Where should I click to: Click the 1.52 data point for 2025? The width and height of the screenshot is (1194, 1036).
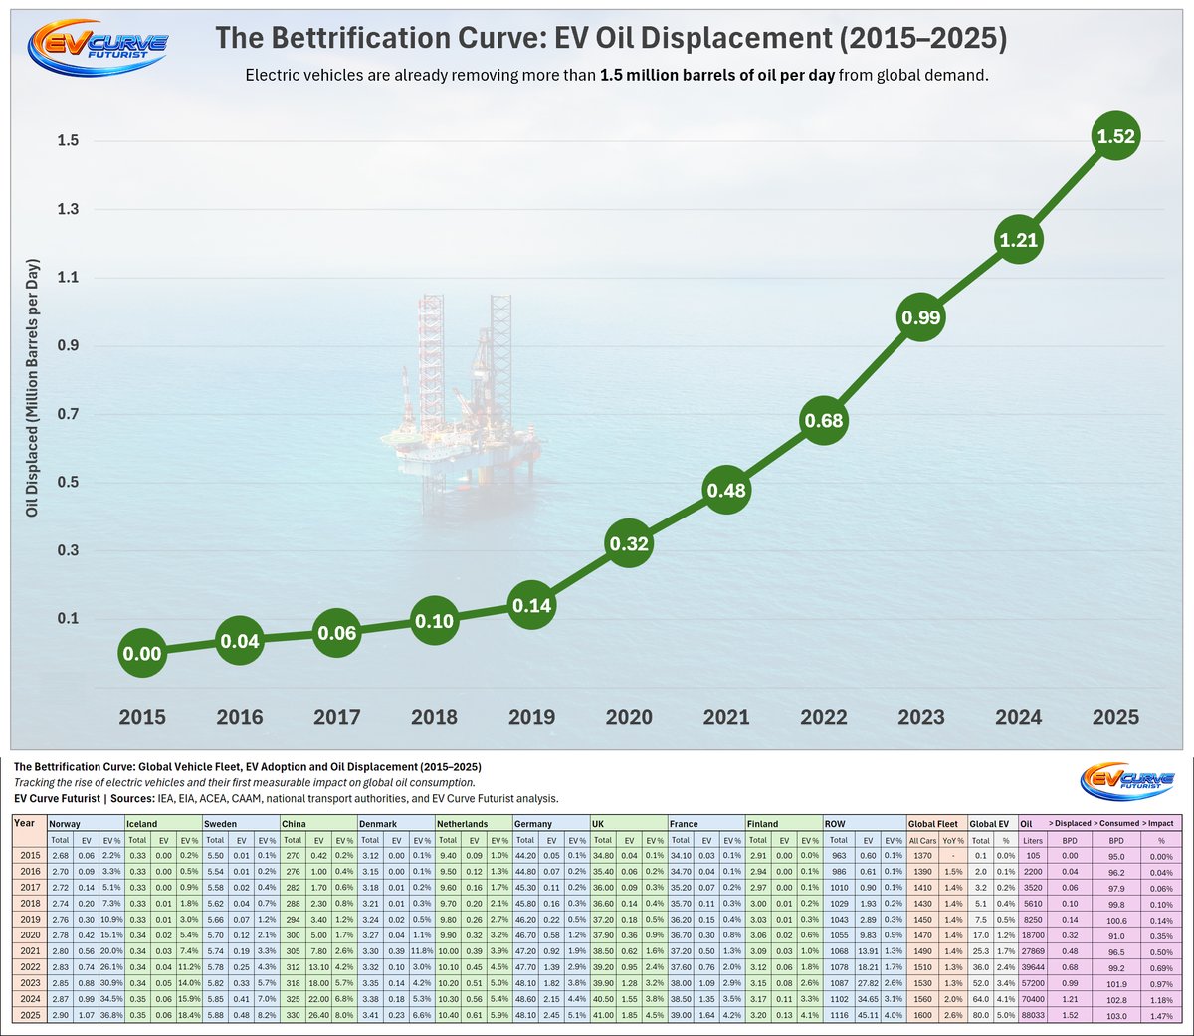1115,137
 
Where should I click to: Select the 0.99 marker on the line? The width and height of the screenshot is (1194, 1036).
920,318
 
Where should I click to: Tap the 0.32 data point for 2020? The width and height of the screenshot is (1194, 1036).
628,544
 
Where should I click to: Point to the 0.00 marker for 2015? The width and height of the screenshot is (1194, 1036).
141,654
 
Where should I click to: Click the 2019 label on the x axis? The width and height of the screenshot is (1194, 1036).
531,717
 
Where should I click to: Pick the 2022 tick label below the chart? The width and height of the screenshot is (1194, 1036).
823,717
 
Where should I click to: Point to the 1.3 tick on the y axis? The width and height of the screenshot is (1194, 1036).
67,209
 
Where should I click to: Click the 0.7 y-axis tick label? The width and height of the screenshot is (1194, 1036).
67,414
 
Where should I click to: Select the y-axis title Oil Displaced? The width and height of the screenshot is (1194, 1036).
32,389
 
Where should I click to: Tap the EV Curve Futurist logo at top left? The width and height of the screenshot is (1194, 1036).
97,45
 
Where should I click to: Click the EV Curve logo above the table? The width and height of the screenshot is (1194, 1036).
1126,780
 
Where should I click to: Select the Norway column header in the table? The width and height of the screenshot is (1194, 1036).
65,824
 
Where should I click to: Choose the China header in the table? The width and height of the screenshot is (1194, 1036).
294,824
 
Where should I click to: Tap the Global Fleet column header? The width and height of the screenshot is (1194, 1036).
933,824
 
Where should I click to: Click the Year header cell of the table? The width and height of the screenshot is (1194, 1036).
25,824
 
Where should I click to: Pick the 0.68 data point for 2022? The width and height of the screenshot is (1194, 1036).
823,421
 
